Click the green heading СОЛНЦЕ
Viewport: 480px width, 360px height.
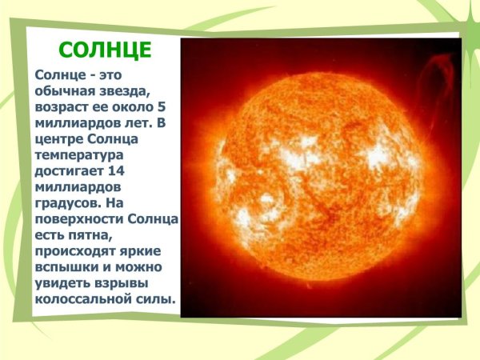[105, 50]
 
